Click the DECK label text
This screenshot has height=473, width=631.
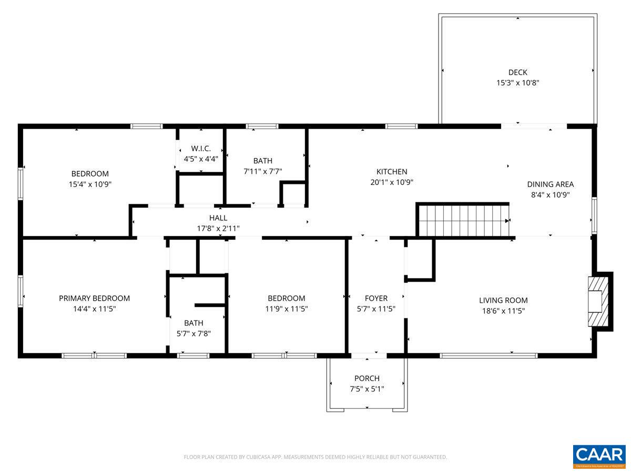[x=517, y=73]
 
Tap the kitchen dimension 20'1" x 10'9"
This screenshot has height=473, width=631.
[x=391, y=182]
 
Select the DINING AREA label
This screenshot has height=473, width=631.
[x=550, y=184]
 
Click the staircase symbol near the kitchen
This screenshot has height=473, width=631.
[x=463, y=220]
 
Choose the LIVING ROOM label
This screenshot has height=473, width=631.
[x=503, y=301]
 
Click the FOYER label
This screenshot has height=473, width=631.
[x=376, y=299]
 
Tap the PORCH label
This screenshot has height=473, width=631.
[x=367, y=378]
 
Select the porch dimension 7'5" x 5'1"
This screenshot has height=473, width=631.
[x=367, y=389]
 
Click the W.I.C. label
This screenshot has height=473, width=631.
[x=201, y=149]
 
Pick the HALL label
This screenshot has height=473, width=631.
[x=218, y=218]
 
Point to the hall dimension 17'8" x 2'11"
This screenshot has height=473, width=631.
[x=218, y=229]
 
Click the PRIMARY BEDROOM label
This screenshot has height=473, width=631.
[x=94, y=298]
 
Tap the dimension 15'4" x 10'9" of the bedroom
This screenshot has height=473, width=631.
[x=90, y=184]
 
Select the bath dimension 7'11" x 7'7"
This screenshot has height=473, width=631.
[x=263, y=171]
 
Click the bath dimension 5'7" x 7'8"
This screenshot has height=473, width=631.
[x=194, y=334]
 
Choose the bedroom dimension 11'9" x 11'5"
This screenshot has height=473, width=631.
[x=286, y=309]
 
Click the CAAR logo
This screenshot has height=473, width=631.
[x=599, y=455]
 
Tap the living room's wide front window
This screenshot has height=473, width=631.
[x=488, y=356]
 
